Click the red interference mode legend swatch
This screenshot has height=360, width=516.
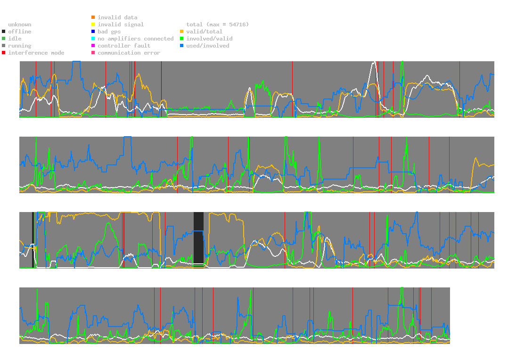click(4, 53)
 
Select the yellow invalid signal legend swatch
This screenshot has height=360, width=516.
click(93, 25)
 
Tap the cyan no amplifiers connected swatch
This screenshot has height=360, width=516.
click(93, 39)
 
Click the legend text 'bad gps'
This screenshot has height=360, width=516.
click(109, 32)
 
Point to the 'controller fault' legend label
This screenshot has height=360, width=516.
click(124, 46)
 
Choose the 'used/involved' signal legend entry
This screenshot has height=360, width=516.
click(207, 46)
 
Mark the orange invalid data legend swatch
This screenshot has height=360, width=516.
click(93, 17)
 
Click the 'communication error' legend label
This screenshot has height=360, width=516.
click(129, 53)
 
